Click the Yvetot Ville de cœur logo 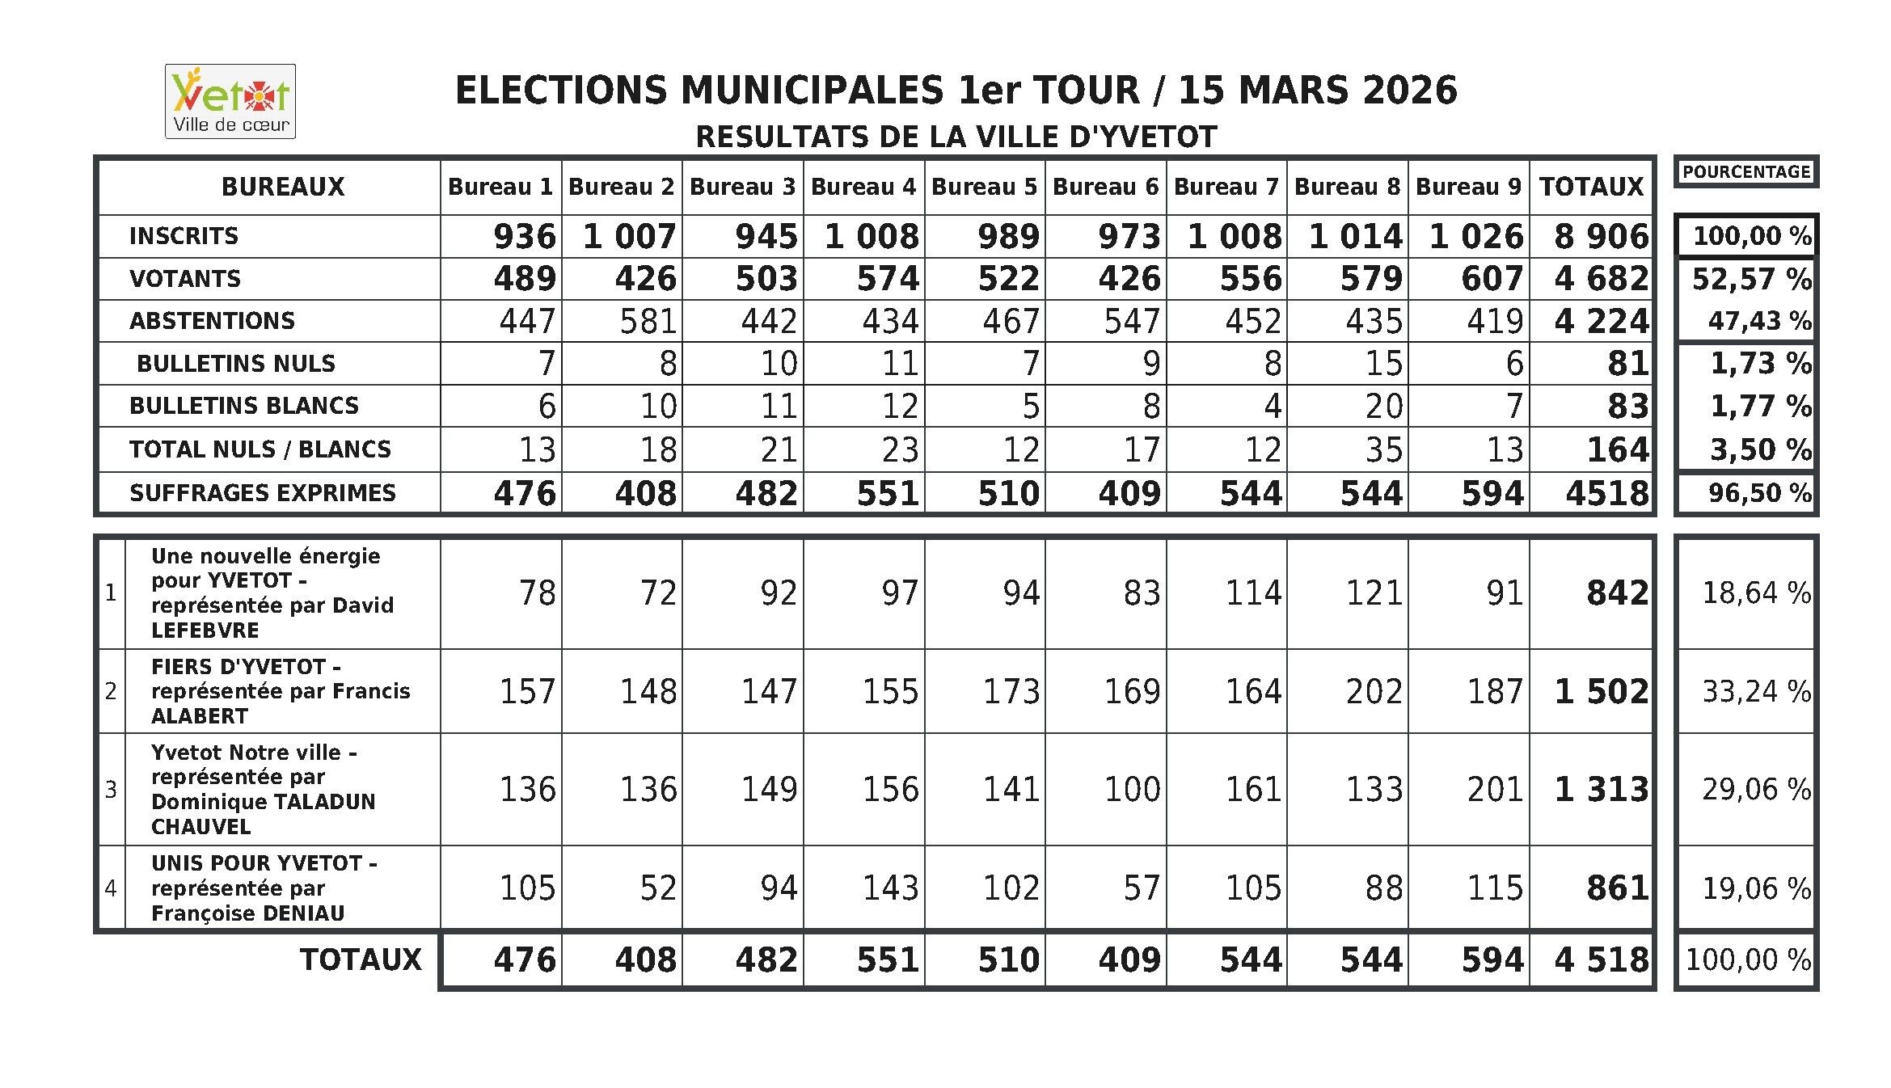(x=230, y=101)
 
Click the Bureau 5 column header (x=984, y=187)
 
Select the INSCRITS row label (x=184, y=236)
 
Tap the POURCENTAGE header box (x=1745, y=172)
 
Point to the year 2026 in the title (x=1410, y=90)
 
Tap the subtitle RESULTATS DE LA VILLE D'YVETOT (x=956, y=137)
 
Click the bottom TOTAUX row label (x=361, y=959)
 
